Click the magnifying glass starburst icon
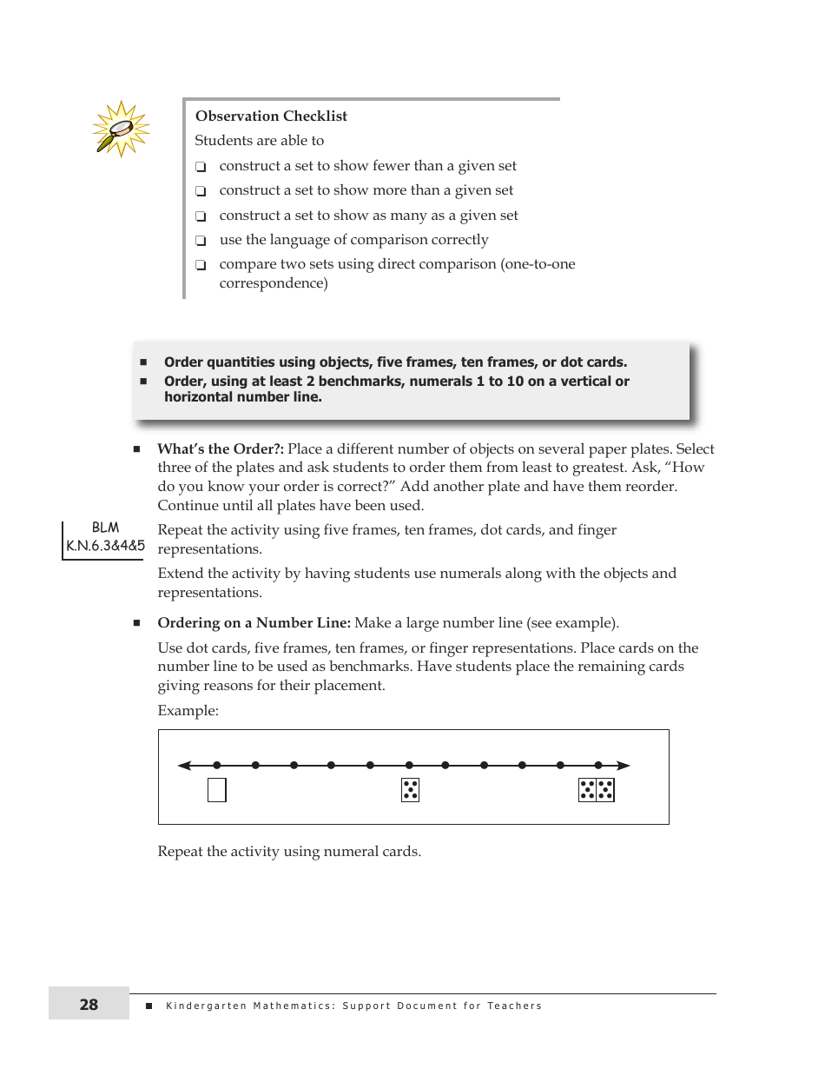(x=121, y=129)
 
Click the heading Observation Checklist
(x=271, y=116)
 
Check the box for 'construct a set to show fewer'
(x=201, y=167)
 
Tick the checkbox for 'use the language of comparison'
(x=201, y=241)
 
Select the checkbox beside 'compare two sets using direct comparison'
(x=201, y=265)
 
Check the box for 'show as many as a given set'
(x=201, y=216)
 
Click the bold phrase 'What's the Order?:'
(x=221, y=449)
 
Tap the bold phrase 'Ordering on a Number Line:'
(x=254, y=623)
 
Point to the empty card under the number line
(x=217, y=790)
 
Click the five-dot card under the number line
(x=410, y=790)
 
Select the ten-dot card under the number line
(x=597, y=790)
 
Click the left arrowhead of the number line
(x=184, y=766)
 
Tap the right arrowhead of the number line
(x=624, y=766)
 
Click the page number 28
(x=89, y=1005)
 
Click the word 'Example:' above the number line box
(x=188, y=711)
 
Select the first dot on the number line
(x=217, y=766)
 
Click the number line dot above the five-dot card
(x=408, y=766)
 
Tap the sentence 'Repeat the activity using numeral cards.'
(x=289, y=852)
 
